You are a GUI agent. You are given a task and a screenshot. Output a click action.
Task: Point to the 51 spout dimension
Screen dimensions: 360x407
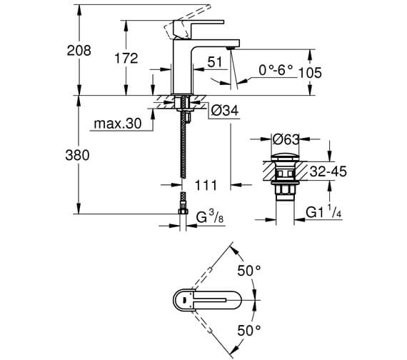tap(215, 63)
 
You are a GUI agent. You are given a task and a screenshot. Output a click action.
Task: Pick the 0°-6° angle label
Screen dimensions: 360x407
tap(276, 71)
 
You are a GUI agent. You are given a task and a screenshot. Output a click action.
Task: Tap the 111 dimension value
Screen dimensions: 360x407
tap(206, 186)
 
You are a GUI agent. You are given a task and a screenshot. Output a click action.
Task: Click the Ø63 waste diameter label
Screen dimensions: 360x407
tap(287, 139)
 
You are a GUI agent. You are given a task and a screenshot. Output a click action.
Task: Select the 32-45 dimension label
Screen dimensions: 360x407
tap(328, 172)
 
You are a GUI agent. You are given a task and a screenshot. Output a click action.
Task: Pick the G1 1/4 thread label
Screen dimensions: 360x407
tap(323, 212)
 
